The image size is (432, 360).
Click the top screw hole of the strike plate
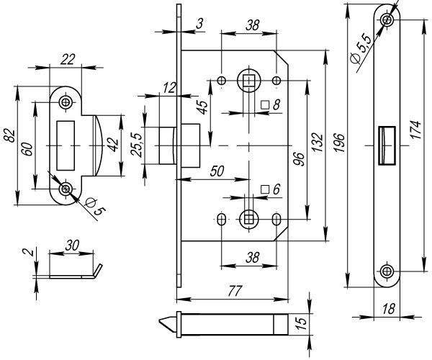66,103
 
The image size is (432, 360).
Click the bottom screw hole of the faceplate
387,271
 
